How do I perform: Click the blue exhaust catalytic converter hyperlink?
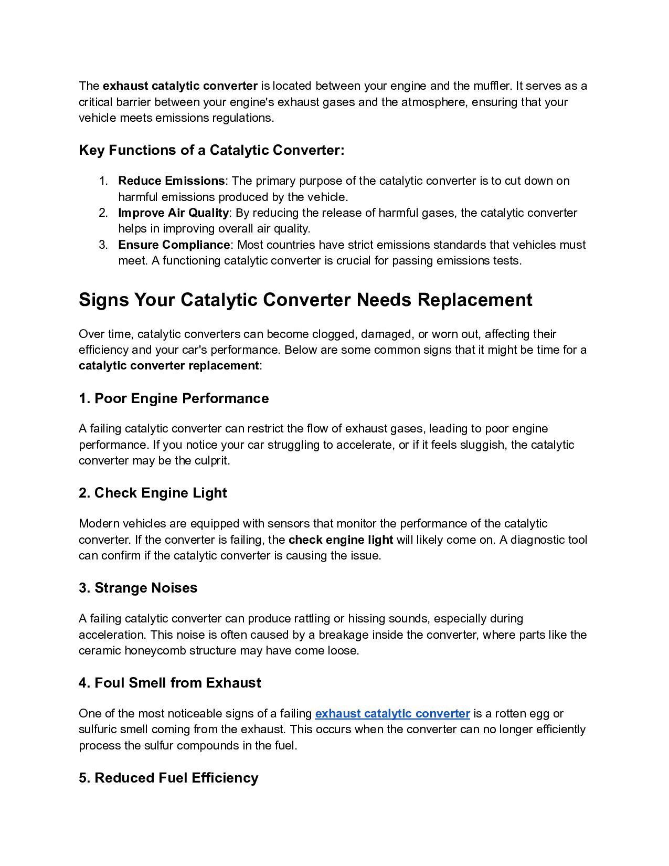(392, 713)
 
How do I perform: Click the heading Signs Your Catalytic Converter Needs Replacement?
(305, 300)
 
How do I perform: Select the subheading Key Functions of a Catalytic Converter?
(211, 150)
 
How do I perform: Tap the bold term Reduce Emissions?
(171, 181)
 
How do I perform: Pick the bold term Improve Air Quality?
(173, 213)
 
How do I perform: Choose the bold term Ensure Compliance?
(174, 245)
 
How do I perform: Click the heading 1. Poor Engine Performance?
(174, 398)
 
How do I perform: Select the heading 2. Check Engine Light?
(153, 493)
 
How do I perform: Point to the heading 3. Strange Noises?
(138, 588)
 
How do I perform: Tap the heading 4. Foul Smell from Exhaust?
(169, 683)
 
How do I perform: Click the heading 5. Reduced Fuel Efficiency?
(168, 778)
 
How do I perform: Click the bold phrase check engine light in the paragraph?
(341, 540)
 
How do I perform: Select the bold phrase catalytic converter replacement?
(168, 365)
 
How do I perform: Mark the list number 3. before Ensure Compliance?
(103, 245)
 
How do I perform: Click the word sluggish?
(481, 445)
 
